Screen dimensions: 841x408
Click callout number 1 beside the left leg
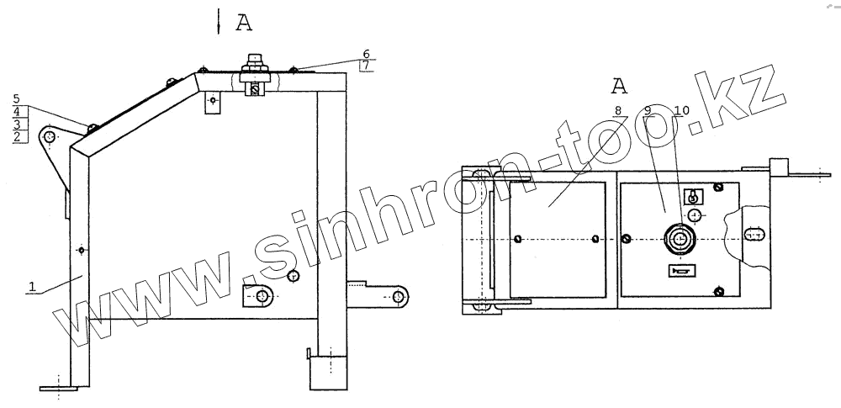(32, 287)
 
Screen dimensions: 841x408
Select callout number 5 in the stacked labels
(17, 99)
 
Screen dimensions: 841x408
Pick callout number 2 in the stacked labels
(17, 137)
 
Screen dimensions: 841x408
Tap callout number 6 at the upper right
(367, 54)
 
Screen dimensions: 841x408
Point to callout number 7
(367, 66)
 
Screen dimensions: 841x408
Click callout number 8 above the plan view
(618, 110)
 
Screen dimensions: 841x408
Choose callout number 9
(648, 110)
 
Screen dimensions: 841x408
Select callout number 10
(682, 110)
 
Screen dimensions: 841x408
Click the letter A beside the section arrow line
(244, 23)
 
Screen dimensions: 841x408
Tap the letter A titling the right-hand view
(619, 85)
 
